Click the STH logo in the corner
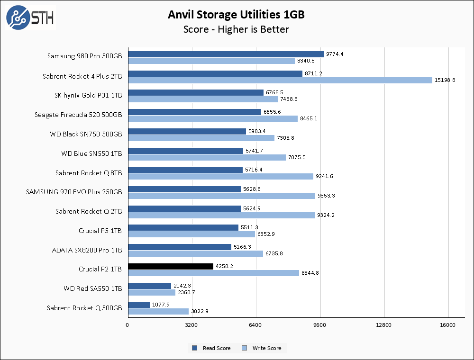pos(30,18)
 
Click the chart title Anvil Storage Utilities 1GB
pos(236,15)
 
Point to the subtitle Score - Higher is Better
pos(236,29)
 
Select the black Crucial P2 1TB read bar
pos(171,267)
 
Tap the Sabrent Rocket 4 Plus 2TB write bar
pos(280,80)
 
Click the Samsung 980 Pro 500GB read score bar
pos(226,54)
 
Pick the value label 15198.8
pos(445,80)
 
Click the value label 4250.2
pos(225,267)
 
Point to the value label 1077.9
pos(161,305)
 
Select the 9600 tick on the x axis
pos(320,325)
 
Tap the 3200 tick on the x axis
pos(191,325)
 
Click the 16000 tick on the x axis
pos(448,325)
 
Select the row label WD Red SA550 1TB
pos(93,288)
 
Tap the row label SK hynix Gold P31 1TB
pos(88,95)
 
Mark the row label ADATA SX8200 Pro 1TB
pos(87,250)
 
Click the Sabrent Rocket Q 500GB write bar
pos(158,311)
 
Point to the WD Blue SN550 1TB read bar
pos(185,151)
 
